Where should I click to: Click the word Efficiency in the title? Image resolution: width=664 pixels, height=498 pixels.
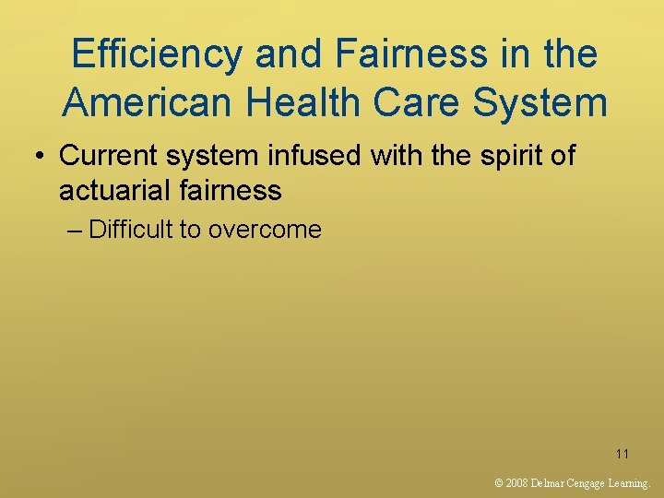click(156, 54)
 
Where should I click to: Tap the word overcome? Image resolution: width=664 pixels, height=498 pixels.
click(265, 230)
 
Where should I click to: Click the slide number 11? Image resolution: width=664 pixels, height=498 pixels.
click(622, 454)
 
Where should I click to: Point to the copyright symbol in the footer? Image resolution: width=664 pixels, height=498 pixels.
click(499, 482)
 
